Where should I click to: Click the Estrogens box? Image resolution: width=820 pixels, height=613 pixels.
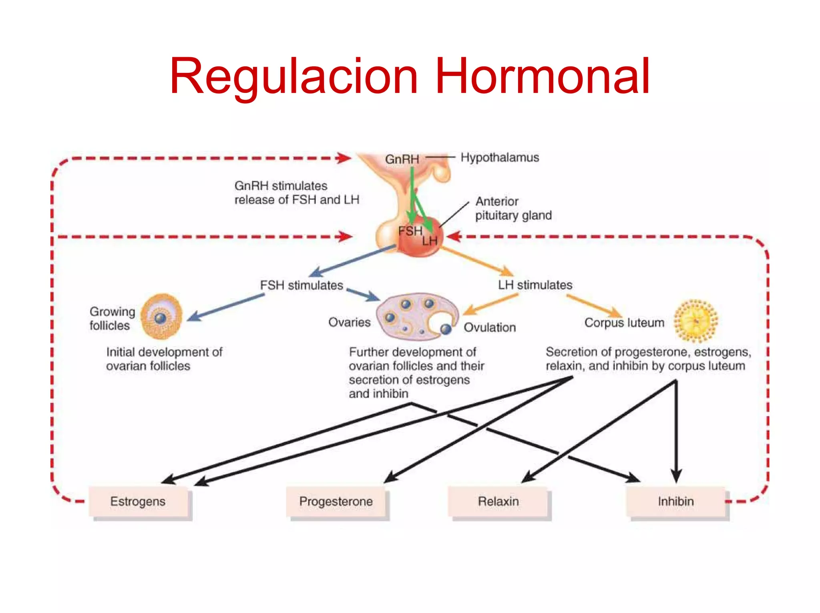[138, 501]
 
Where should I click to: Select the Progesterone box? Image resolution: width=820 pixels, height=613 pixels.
[336, 501]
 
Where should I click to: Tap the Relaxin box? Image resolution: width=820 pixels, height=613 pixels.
[498, 501]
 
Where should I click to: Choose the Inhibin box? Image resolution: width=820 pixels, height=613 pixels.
[676, 501]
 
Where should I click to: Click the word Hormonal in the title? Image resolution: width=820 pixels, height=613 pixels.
[543, 76]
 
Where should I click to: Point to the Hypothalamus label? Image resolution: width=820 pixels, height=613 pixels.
[500, 157]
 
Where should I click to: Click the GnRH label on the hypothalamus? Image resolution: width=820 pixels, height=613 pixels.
[402, 159]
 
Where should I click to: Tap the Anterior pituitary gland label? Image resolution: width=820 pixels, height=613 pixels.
[513, 208]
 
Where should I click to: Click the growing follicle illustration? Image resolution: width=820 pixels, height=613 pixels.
[162, 317]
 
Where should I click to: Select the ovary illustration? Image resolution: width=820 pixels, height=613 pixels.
[416, 316]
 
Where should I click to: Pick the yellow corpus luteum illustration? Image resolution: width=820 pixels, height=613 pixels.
[696, 321]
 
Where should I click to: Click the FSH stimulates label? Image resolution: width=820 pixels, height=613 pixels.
[301, 285]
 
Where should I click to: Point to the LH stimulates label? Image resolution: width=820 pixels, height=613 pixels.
[535, 285]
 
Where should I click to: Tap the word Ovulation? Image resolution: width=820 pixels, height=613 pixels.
[490, 328]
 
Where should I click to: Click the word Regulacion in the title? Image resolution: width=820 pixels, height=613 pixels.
[294, 76]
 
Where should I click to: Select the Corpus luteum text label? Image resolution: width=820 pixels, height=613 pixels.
[624, 323]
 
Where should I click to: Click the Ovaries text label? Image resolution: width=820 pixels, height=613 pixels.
[349, 322]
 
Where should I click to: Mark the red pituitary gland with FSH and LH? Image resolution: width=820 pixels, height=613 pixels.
[418, 236]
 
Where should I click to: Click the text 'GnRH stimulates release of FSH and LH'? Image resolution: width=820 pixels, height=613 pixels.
[297, 193]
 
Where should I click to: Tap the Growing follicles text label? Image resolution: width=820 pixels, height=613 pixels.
[112, 318]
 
